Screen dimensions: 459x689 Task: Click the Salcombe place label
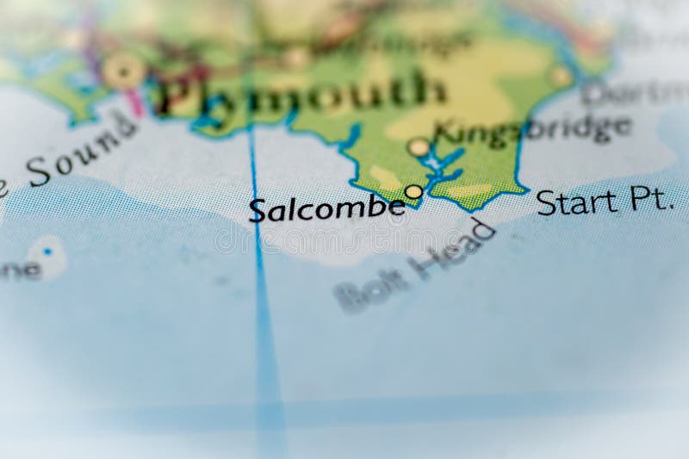(x=326, y=208)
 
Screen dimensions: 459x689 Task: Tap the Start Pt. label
(x=603, y=202)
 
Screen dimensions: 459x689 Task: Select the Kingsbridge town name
(x=532, y=129)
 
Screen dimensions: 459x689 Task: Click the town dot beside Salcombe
(x=414, y=191)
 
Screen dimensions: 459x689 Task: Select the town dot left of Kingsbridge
(x=419, y=147)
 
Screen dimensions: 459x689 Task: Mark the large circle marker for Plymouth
(x=124, y=71)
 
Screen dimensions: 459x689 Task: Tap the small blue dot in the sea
(x=47, y=251)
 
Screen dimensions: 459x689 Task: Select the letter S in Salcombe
(x=257, y=210)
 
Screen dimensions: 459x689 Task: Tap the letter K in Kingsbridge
(x=444, y=133)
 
